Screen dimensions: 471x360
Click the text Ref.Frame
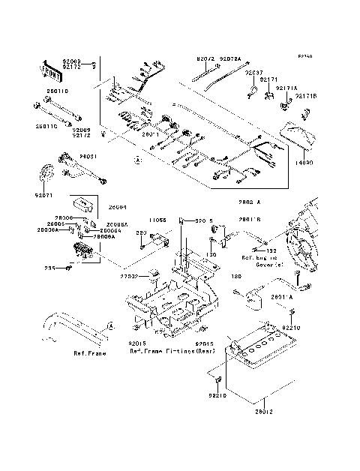(89, 352)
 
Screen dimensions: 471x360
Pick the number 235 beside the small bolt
(49, 267)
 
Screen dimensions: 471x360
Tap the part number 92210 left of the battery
(217, 395)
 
